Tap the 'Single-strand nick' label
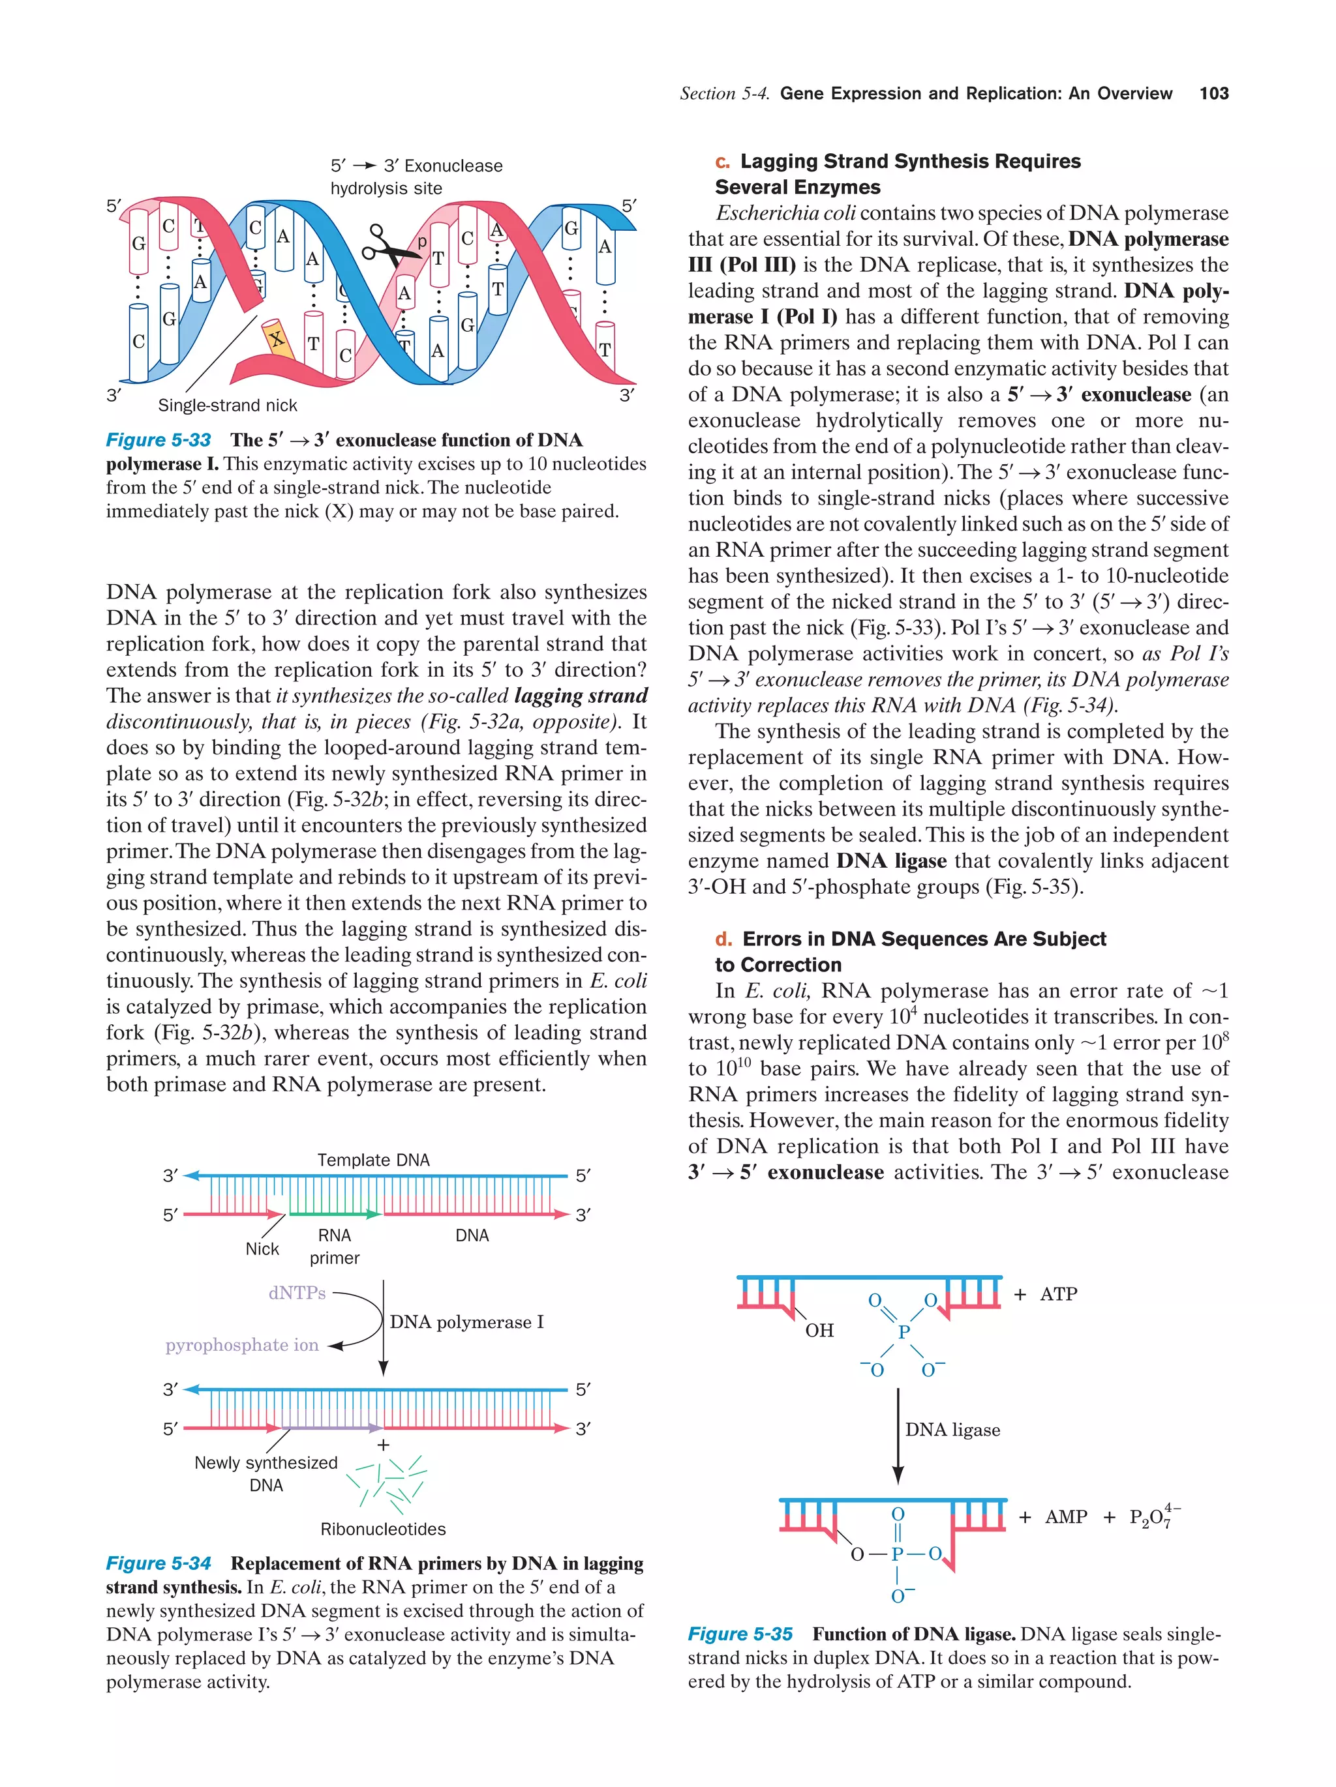[x=227, y=406]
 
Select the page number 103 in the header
[x=1213, y=94]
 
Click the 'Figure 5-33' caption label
[x=159, y=440]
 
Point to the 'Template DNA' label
[x=373, y=1160]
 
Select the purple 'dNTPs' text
[x=297, y=1293]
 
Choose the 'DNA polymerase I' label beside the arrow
[x=466, y=1322]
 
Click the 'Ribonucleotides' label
[x=382, y=1529]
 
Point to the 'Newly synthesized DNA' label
[x=266, y=1473]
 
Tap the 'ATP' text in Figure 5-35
[x=1058, y=1294]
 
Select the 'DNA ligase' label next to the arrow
[x=952, y=1430]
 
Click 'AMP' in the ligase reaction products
[x=1065, y=1517]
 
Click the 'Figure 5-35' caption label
[x=740, y=1634]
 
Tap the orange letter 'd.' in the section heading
[x=723, y=939]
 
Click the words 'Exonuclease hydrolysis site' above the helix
[x=416, y=177]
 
